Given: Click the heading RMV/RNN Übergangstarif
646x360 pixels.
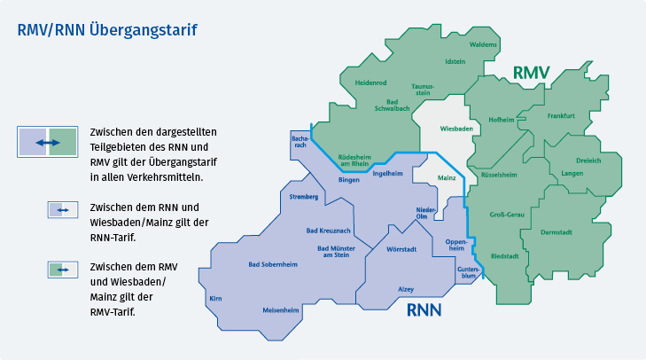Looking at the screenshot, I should (107, 30).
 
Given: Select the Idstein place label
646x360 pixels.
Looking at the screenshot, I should (455, 61).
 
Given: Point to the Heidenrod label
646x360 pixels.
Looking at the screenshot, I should (371, 82).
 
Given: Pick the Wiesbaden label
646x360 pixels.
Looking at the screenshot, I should (455, 129).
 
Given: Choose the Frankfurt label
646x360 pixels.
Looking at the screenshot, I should (561, 116).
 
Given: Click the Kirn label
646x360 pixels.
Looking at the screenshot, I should (214, 299).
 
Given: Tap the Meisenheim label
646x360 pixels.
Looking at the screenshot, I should (281, 310).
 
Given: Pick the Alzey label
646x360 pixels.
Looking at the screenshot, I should (406, 289).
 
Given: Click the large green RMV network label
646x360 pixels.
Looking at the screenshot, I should (532, 72).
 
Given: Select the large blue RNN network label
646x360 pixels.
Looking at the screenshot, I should (424, 311).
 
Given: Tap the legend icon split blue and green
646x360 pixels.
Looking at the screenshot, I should (48, 142).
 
